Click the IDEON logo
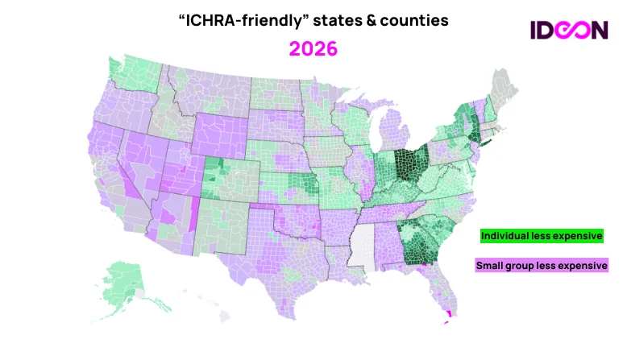click(569, 30)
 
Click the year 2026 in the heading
click(313, 48)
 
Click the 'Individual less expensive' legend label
click(542, 236)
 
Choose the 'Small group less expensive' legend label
click(542, 265)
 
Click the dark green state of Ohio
click(411, 166)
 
